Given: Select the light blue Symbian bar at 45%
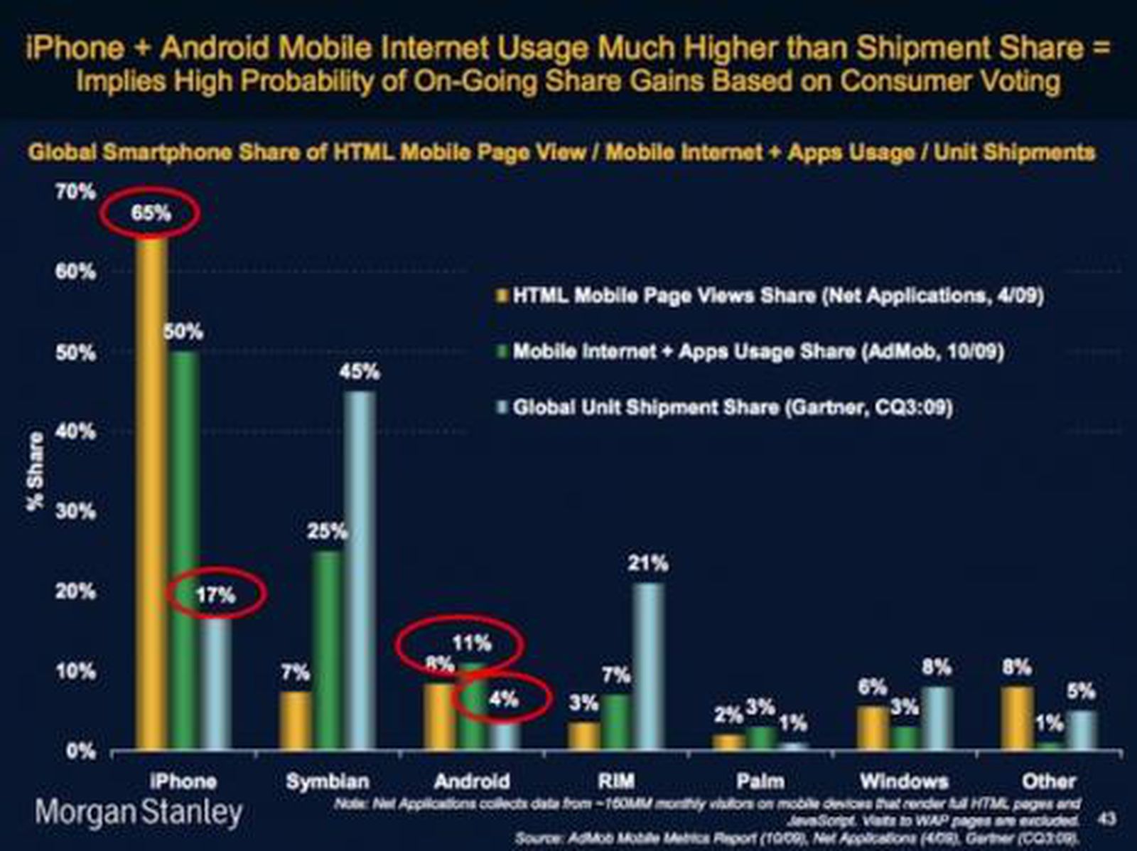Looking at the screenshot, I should point(360,569).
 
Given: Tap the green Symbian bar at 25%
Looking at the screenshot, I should point(328,651).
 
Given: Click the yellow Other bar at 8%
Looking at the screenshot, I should point(1017,718).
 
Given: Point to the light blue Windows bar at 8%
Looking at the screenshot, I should point(937,718).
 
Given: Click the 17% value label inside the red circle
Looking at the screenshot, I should point(215,594).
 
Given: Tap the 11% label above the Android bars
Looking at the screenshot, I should point(472,643).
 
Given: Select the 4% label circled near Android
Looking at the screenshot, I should point(503,699).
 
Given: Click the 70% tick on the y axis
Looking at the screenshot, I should point(75,191).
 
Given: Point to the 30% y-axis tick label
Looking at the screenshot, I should point(75,511).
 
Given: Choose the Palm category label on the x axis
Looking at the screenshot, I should point(760,781).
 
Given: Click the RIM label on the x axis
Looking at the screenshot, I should point(615,781).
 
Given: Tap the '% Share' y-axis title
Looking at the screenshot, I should point(36,471).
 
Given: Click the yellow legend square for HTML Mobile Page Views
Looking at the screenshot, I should point(502,296).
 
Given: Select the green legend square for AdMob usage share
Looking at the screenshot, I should point(502,351).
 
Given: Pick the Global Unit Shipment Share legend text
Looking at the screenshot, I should point(732,407).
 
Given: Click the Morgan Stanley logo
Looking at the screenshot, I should point(139,812).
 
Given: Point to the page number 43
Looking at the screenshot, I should point(1106,819).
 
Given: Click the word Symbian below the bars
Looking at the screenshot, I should point(328,781).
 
